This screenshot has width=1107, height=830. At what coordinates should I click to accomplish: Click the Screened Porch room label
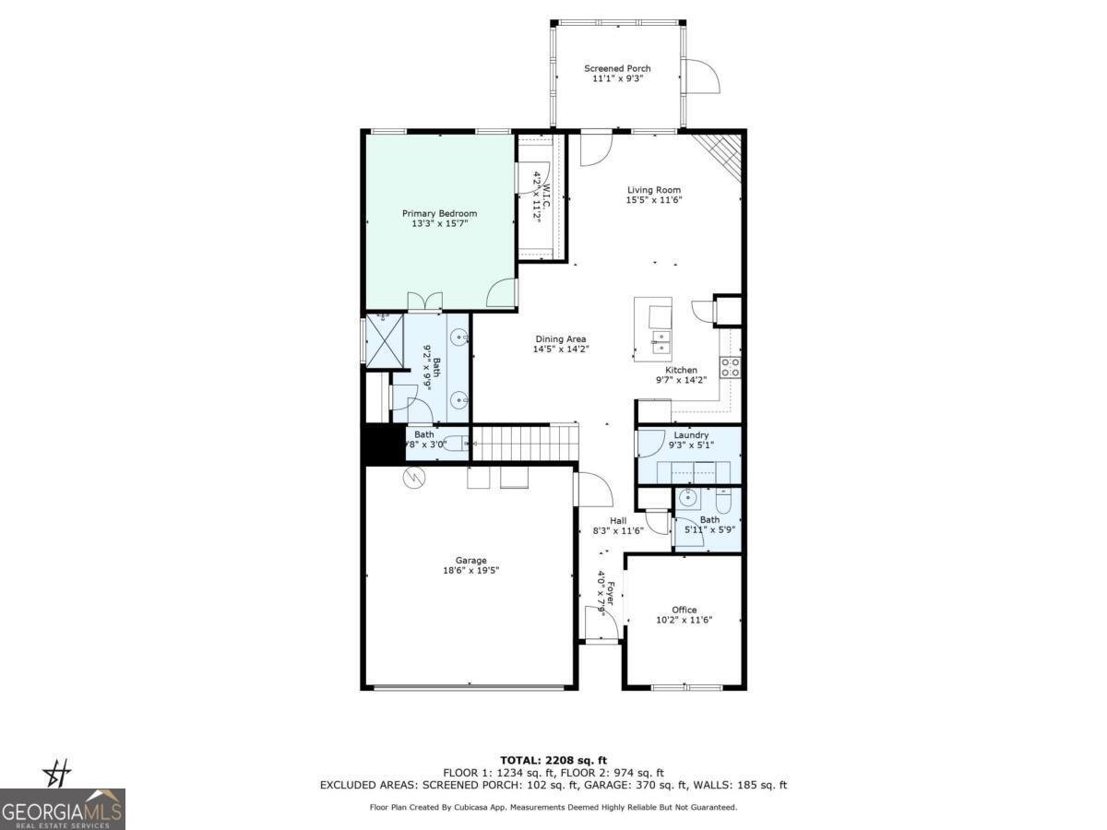pos(617,68)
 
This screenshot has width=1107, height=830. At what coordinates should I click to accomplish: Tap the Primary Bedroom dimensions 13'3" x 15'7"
pos(439,223)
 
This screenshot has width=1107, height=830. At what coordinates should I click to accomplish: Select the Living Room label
pos(653,190)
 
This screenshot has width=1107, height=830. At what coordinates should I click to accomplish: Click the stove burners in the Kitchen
pos(730,367)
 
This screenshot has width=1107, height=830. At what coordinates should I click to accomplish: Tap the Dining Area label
pos(560,338)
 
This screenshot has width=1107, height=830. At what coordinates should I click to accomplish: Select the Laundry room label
pos(691,435)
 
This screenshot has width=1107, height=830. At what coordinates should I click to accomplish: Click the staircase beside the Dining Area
pos(523,442)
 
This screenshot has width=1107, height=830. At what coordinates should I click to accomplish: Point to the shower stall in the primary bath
pos(385,340)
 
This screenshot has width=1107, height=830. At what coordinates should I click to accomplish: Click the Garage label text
pos(470,560)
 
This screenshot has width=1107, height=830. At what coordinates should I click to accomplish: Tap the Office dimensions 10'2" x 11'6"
pos(684,620)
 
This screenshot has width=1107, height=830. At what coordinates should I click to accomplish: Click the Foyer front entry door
pos(596,623)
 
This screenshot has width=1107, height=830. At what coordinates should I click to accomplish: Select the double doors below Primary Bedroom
pos(424,301)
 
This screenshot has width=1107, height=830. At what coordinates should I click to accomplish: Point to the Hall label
pos(618,520)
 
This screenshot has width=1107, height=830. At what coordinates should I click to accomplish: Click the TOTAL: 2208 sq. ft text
pos(553,760)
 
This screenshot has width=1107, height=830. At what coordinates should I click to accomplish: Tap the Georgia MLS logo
pos(62,810)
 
